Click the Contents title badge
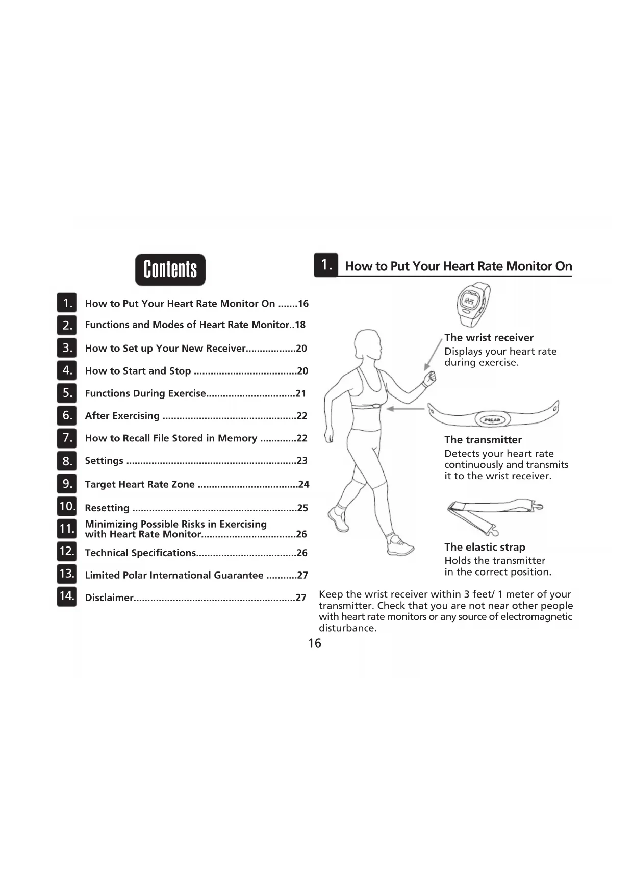[x=170, y=269]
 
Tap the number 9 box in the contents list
[x=67, y=483]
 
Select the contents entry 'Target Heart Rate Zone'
[x=140, y=484]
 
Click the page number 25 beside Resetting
[x=302, y=508]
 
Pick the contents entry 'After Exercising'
[x=122, y=416]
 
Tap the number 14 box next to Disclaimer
[x=67, y=596]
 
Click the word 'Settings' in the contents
[x=104, y=461]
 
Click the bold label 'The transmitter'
[x=483, y=440]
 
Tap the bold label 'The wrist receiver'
[x=489, y=337]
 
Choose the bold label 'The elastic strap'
[x=485, y=547]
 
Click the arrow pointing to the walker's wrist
[x=433, y=355]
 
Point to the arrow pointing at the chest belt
[x=406, y=409]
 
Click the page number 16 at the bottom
[x=315, y=643]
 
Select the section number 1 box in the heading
[x=326, y=265]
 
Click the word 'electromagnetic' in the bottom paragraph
[x=536, y=617]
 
